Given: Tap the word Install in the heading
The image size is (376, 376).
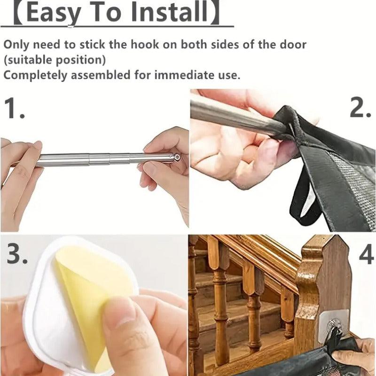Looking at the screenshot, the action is pos(169,12).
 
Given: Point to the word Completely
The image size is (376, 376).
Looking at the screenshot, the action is pos(36,75).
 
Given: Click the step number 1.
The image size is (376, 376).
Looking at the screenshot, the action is pos(15,108).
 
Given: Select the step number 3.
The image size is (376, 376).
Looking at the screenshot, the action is pos(17,253).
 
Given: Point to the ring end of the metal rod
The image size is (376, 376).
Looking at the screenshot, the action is pos(177,157).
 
